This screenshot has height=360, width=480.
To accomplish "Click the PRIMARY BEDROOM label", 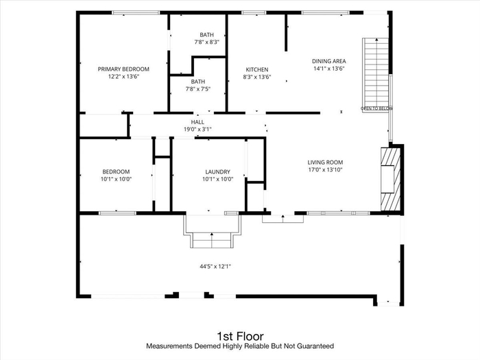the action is click(123, 69).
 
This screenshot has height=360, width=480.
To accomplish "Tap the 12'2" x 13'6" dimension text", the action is click(123, 77).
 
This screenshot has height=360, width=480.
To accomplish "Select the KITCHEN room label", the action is click(257, 70).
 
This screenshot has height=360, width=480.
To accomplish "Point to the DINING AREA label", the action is click(328, 61).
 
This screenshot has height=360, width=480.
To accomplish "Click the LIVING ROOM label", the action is click(325, 163).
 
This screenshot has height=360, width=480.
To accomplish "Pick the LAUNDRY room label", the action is click(217, 172).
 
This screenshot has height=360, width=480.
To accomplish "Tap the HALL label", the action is click(197, 122).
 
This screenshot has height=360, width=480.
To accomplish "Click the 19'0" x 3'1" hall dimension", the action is click(197, 130).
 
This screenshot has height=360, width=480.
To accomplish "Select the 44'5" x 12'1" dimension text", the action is click(215, 267).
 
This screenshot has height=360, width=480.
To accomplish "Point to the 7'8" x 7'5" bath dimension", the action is click(198, 89).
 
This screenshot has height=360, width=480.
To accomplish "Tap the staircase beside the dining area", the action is click(376, 75).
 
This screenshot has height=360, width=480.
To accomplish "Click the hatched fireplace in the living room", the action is click(391, 179).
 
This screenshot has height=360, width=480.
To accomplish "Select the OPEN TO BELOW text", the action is click(376, 108).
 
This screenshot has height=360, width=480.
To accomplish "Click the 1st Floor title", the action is click(240, 337).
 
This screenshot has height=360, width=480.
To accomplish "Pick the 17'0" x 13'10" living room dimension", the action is click(325, 170).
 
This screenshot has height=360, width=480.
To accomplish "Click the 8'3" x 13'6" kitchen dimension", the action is click(257, 77).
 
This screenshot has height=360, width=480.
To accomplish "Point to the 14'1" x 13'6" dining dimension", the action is click(328, 69).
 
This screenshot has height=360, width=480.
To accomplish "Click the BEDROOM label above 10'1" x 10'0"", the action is click(116, 172).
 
